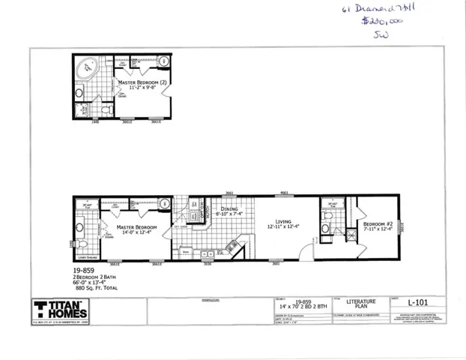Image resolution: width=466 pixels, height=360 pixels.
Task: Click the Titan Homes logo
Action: tap(60, 308)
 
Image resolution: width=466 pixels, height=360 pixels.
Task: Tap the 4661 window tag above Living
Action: tap(285, 193)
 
